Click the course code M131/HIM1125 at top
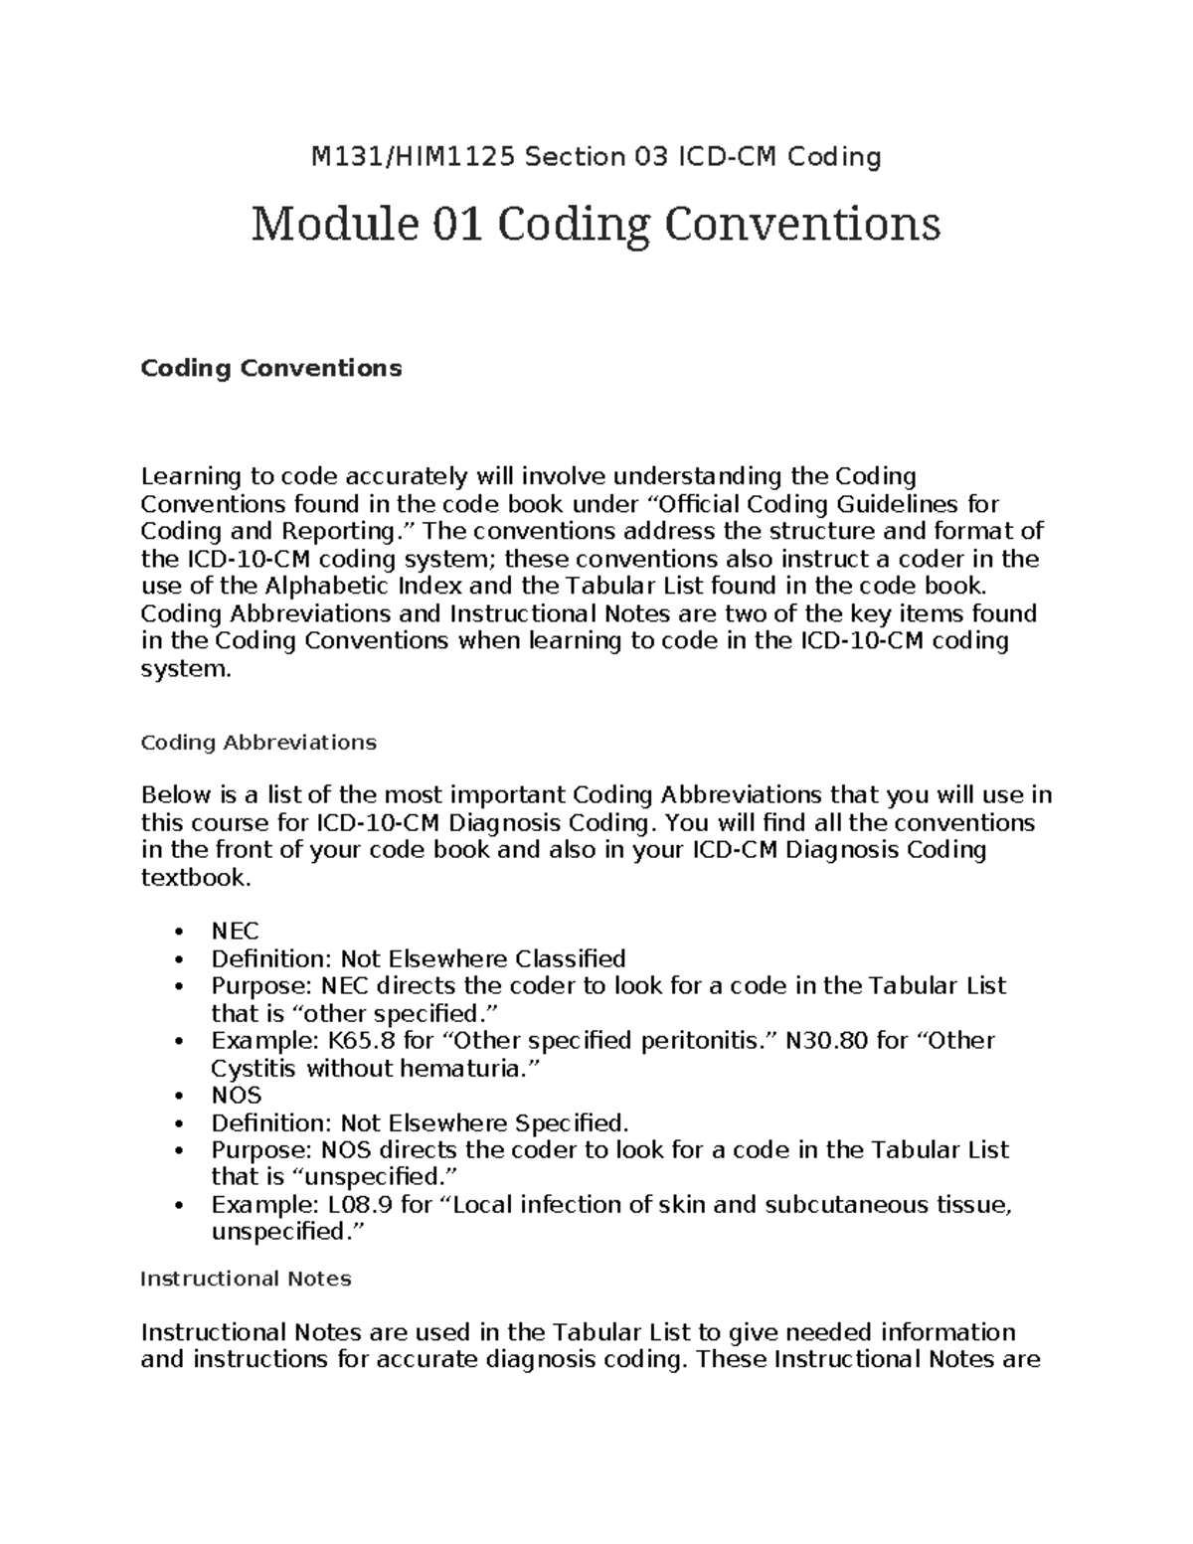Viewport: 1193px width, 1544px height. click(415, 157)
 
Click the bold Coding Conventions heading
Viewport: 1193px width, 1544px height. click(270, 368)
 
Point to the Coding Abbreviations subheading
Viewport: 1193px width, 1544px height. click(258, 743)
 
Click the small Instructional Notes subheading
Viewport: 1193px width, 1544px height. click(246, 1279)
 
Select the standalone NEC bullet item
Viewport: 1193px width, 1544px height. click(235, 932)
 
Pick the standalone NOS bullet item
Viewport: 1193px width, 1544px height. click(236, 1096)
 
